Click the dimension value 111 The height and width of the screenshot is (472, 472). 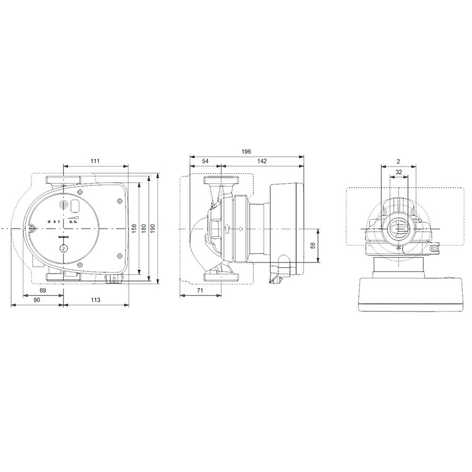coord(95,161)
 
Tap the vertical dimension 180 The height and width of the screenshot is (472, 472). coord(144,227)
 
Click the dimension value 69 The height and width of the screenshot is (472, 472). coord(42,289)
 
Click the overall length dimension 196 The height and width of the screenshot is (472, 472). coord(246,151)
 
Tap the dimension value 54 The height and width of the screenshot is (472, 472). coord(205,161)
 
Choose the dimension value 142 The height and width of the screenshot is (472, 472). coord(262,161)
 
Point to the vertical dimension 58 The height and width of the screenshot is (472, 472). coord(313,245)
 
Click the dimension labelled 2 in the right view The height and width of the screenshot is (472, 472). coord(398,161)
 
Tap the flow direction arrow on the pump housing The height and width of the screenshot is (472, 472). coord(227,229)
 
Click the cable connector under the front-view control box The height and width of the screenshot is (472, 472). coord(114,280)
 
